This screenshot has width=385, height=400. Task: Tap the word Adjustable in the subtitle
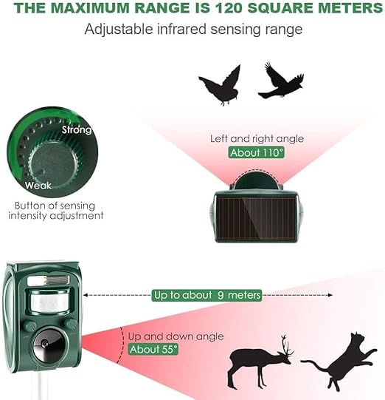(x=118, y=29)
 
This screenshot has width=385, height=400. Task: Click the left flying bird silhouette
(x=220, y=85)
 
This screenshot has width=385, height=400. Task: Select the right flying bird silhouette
(x=281, y=81)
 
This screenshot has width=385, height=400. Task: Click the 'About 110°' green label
(x=256, y=152)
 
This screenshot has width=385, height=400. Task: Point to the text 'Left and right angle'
(x=257, y=139)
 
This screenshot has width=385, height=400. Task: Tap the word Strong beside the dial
(x=77, y=130)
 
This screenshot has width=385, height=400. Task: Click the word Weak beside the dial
(x=38, y=186)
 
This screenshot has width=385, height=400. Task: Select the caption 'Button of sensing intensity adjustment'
(x=56, y=211)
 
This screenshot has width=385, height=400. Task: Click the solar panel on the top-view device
(x=256, y=218)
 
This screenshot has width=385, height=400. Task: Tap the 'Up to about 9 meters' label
(x=207, y=295)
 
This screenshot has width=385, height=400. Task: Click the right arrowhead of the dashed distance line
(x=330, y=295)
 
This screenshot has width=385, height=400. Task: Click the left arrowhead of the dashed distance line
(x=86, y=295)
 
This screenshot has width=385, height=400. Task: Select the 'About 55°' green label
(x=153, y=349)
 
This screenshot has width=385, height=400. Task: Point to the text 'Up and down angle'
(x=176, y=336)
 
